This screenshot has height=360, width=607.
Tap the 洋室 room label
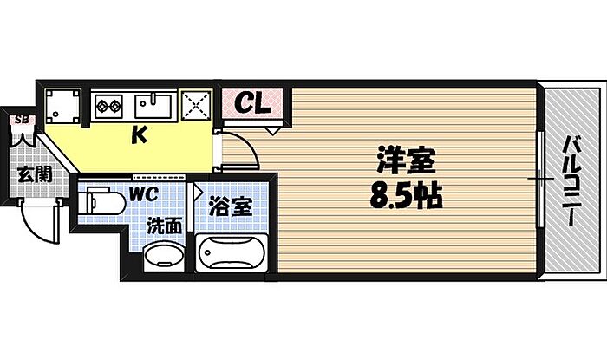405,162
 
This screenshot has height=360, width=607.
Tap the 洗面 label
163,226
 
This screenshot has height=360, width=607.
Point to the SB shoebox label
18,120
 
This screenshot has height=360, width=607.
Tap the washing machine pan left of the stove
63,108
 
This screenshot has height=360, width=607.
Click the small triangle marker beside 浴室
198,188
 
